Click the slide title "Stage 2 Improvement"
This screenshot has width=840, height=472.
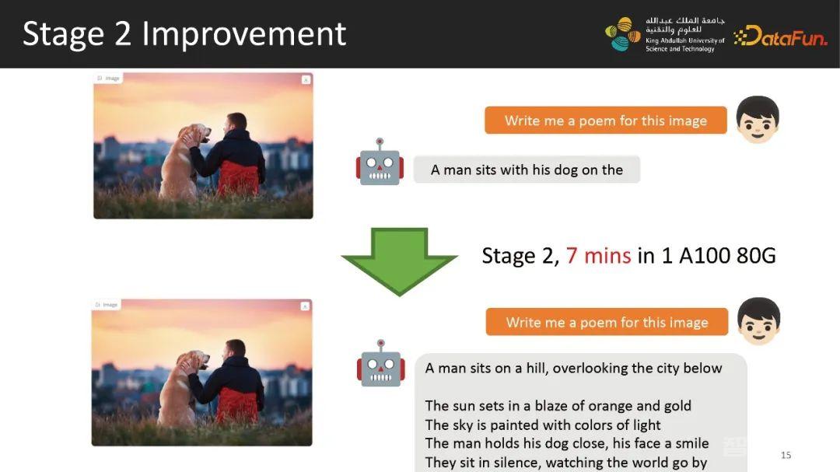click(x=184, y=34)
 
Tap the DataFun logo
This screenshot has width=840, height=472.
click(x=781, y=36)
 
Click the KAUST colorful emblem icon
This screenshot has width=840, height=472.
click(x=622, y=34)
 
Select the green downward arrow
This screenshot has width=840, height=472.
click(x=399, y=261)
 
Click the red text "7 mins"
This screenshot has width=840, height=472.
click(x=598, y=256)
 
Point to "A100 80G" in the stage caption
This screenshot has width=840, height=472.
click(x=727, y=256)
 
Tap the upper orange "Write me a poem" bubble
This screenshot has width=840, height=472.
click(x=606, y=121)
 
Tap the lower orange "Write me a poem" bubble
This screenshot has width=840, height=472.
click(x=607, y=322)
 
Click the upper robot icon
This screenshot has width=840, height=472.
click(x=380, y=163)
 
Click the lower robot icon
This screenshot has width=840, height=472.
click(x=381, y=363)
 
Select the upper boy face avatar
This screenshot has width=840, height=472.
click(x=758, y=120)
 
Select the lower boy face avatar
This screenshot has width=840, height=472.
click(x=758, y=321)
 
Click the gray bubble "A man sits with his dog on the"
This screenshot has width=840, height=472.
click(x=527, y=170)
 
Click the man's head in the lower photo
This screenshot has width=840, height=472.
click(x=235, y=350)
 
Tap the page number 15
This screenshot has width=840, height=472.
click(x=786, y=455)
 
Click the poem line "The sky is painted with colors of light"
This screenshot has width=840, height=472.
click(x=543, y=425)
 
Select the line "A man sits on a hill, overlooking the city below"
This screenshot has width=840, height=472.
click(x=573, y=368)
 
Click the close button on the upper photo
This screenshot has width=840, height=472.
click(x=306, y=80)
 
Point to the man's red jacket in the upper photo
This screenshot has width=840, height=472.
click(x=239, y=177)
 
